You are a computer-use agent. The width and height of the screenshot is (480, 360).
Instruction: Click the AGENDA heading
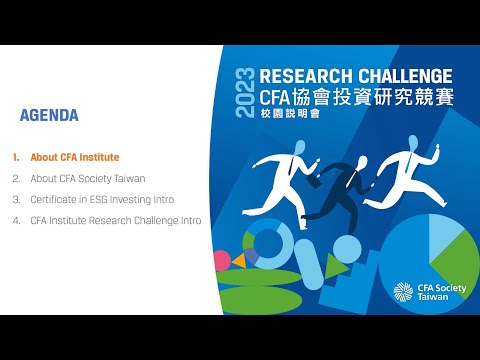click(x=49, y=115)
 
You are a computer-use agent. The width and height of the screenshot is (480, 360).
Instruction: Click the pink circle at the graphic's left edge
click(x=222, y=260)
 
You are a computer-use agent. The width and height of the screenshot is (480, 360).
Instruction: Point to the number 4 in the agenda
click(x=16, y=219)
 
